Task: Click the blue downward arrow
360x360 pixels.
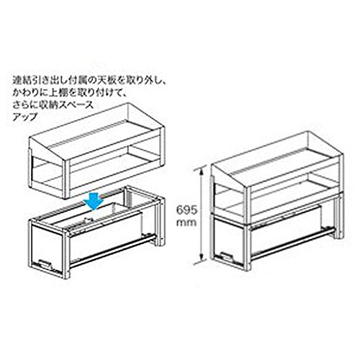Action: pyautogui.click(x=94, y=200)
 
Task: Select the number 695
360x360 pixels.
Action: pyautogui.click(x=186, y=210)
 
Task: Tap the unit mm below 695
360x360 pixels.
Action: pyautogui.click(x=186, y=223)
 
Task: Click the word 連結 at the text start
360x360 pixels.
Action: pyautogui.click(x=21, y=81)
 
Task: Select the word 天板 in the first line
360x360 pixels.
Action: pyautogui.click(x=109, y=81)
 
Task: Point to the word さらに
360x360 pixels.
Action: pyautogui.click(x=24, y=105)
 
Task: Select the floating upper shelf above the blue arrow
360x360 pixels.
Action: pyautogui.click(x=96, y=151)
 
